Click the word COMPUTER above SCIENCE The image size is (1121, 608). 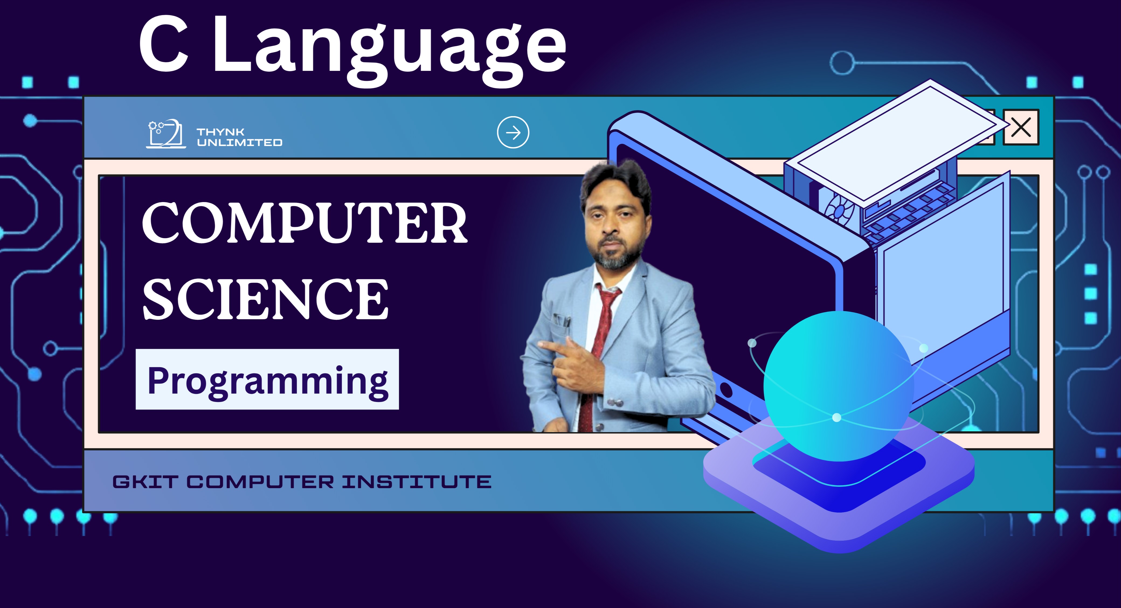(305, 223)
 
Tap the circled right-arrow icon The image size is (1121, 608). (513, 132)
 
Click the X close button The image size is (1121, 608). (1021, 127)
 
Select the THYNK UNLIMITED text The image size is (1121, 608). (239, 137)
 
